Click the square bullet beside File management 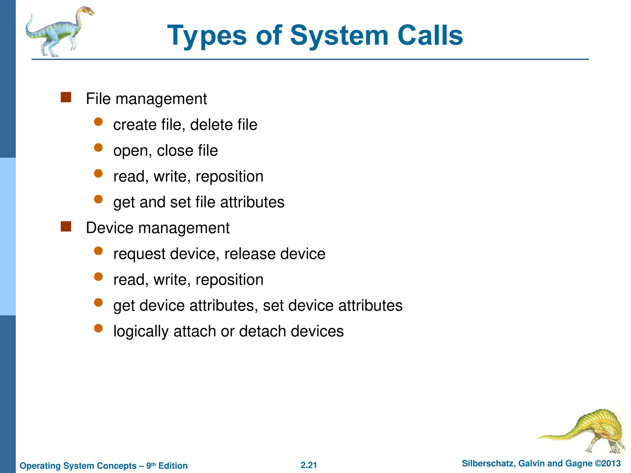point(66,97)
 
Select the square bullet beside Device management point(66,226)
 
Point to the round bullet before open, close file point(98,148)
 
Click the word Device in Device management point(109,228)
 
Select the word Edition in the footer point(173,466)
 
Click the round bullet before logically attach point(98,329)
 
